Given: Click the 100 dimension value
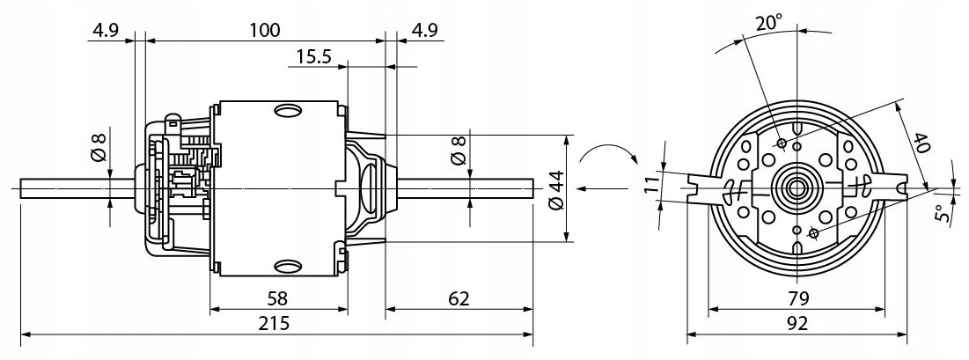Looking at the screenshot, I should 264,29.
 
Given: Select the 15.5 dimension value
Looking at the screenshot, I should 313,57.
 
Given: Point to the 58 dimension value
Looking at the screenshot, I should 275,298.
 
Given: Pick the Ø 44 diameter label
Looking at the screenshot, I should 554,187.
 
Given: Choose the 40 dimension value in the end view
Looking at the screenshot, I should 921,143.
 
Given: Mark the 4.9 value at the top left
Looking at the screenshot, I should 104,29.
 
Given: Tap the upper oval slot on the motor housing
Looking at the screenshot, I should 288,111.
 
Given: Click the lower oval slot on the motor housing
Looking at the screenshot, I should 288,265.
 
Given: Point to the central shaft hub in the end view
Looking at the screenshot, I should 797,187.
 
